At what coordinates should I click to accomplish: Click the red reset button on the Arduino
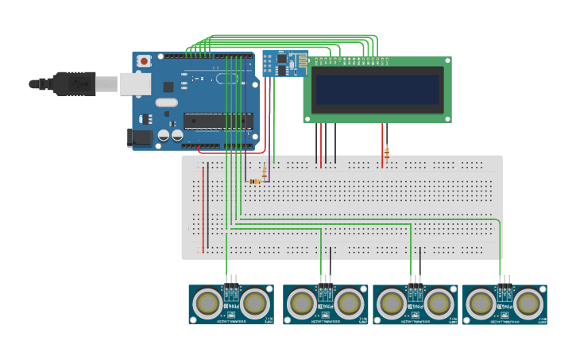pyautogui.click(x=144, y=60)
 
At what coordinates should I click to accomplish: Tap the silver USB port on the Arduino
pyautogui.click(x=135, y=83)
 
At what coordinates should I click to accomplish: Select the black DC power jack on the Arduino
pyautogui.click(x=140, y=137)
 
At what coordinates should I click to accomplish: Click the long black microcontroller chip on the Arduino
pyautogui.click(x=218, y=121)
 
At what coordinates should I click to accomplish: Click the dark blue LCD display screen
pyautogui.click(x=377, y=89)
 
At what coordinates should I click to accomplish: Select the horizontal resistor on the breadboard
pyautogui.click(x=254, y=181)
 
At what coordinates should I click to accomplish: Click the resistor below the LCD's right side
pyautogui.click(x=387, y=152)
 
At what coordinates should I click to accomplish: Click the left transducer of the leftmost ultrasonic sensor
pyautogui.click(x=209, y=303)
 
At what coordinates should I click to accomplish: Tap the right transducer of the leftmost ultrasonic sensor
pyautogui.click(x=254, y=303)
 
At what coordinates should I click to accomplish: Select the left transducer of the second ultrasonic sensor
pyautogui.click(x=302, y=303)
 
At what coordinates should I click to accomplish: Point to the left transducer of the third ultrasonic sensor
pyautogui.click(x=392, y=303)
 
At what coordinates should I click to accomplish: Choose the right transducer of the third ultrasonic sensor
pyautogui.click(x=438, y=303)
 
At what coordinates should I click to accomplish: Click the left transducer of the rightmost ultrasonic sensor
pyautogui.click(x=481, y=303)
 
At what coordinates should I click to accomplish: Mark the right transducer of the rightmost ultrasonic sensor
pyautogui.click(x=528, y=303)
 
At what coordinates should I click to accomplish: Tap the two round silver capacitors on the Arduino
pyautogui.click(x=169, y=135)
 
